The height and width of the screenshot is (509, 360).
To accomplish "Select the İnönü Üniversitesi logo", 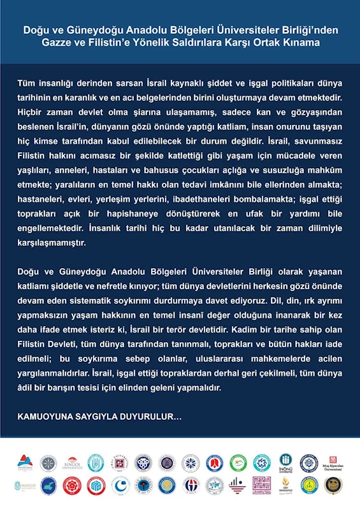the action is coord(285,464).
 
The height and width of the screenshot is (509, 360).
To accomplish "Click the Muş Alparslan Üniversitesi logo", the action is coord(333,463).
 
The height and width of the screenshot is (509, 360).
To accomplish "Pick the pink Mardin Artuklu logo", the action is coord(261,485).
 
